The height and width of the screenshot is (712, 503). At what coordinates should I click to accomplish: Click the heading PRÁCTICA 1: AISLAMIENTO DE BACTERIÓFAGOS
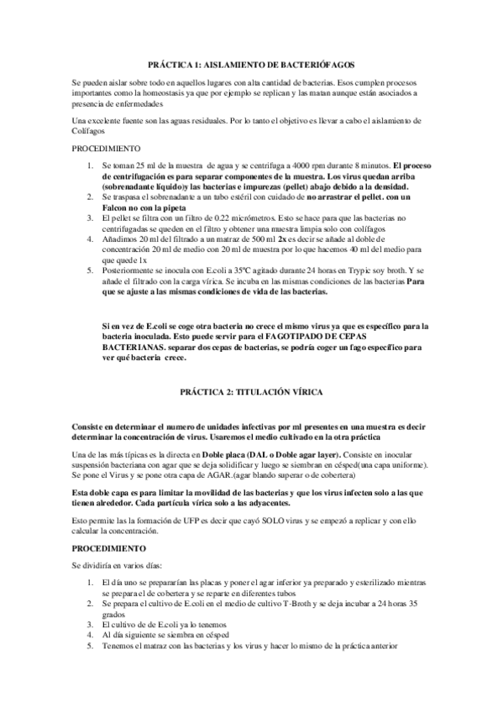point(250,63)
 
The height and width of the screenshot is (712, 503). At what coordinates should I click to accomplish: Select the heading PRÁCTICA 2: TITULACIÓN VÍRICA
point(251,391)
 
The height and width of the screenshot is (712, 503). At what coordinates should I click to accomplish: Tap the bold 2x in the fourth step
point(284,238)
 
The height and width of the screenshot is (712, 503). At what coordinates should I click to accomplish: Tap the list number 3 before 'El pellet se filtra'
point(92,217)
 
